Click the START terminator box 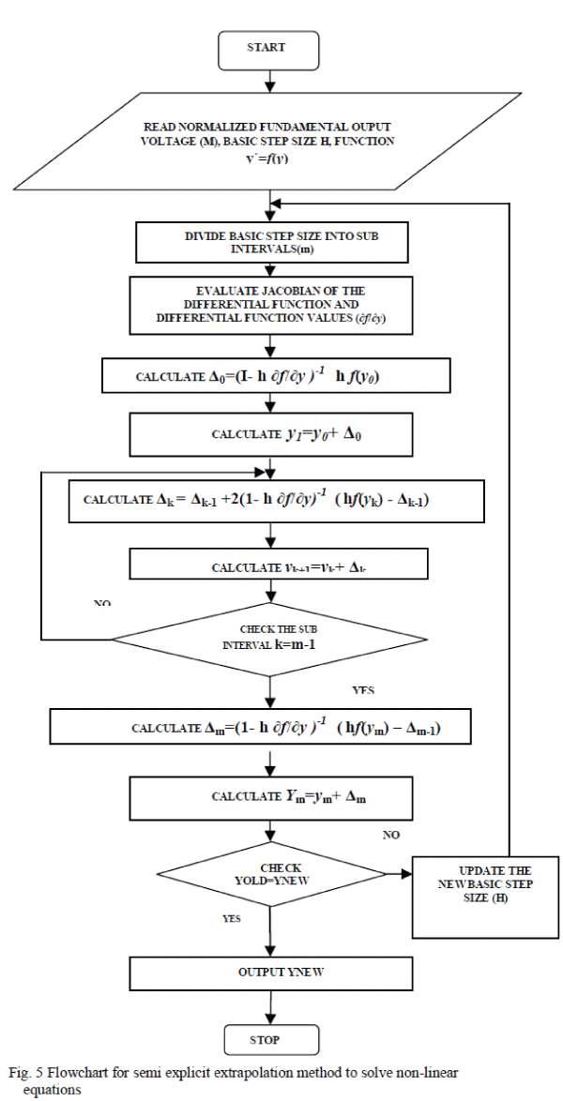pos(266,49)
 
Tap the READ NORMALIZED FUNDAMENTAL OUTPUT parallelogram pos(270,140)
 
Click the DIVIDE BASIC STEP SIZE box pos(270,243)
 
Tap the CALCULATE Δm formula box pos(270,726)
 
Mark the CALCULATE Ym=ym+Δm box pos(270,796)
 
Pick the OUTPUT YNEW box pos(270,973)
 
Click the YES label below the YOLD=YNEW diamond pos(231,919)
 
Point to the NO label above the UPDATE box pos(392,834)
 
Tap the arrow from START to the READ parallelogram pos(270,81)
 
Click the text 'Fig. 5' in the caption pos(24,1071)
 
